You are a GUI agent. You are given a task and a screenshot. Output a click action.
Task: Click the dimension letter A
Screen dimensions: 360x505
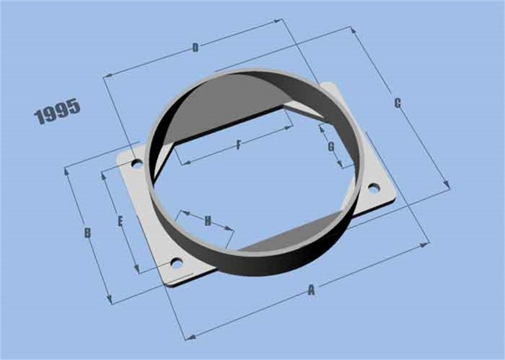click(x=311, y=291)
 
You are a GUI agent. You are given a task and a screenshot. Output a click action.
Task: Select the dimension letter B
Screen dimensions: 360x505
click(x=88, y=233)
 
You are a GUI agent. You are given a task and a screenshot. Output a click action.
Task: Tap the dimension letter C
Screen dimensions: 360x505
click(x=397, y=103)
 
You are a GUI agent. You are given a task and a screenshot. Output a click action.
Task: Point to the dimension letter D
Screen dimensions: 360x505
click(x=195, y=48)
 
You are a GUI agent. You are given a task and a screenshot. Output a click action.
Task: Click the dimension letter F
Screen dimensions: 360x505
click(x=239, y=145)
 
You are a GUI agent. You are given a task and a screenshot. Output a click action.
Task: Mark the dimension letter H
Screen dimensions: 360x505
click(x=207, y=220)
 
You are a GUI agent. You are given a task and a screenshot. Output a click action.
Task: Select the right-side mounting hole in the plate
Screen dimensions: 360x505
click(x=373, y=187)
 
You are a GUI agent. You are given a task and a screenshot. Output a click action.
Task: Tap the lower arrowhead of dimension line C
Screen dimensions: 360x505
click(x=448, y=186)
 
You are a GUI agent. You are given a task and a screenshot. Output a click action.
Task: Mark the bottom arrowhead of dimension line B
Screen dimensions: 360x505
click(x=110, y=302)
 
